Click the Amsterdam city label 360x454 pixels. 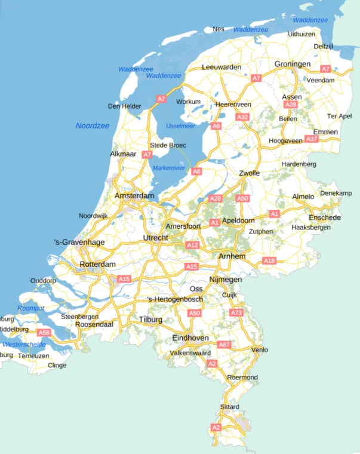tap(134, 196)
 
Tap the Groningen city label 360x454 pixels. tap(293, 64)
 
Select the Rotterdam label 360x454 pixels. tap(97, 264)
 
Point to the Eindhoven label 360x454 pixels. tap(190, 338)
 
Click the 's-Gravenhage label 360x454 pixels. tap(79, 242)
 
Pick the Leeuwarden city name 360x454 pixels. tap(221, 67)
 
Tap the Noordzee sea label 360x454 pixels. tap(93, 125)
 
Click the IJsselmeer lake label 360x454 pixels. tap(180, 126)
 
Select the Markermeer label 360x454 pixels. tap(170, 168)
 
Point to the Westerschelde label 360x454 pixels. tap(24, 345)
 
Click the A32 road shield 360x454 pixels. tap(242, 117)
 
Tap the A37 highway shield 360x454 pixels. tap(311, 139)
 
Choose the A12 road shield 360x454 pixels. tap(192, 245)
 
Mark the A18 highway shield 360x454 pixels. tap(269, 260)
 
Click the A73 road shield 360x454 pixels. tap(237, 312)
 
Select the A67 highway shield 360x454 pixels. tap(224, 345)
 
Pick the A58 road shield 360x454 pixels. tap(44, 332)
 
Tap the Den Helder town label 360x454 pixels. tap(124, 106)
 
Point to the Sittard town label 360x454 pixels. tap(230, 407)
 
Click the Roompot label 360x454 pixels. tap(31, 308)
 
